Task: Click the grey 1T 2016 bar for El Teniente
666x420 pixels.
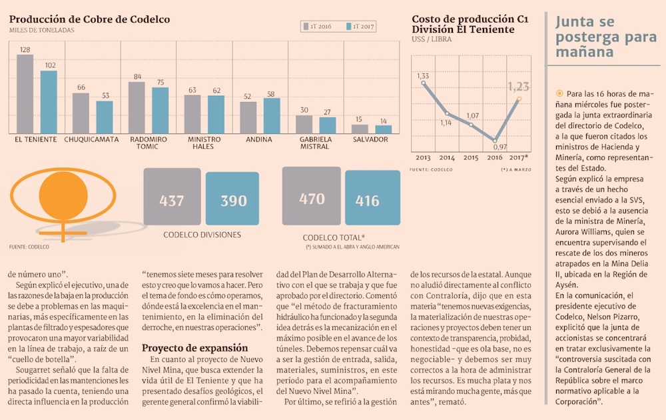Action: [x=25, y=94]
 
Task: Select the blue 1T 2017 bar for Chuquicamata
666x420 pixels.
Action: [x=105, y=117]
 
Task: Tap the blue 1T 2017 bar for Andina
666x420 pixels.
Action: [x=272, y=116]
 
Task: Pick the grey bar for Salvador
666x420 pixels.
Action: [x=360, y=129]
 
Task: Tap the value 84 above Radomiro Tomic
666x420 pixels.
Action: [x=138, y=77]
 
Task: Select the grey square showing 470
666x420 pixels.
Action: [x=312, y=198]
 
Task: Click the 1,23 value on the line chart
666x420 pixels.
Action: [x=518, y=86]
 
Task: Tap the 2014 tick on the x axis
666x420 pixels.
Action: [x=447, y=158]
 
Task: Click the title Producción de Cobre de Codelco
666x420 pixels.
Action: [x=89, y=19]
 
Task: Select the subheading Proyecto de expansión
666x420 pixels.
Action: [x=194, y=348]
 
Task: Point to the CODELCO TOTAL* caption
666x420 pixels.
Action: [x=334, y=237]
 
